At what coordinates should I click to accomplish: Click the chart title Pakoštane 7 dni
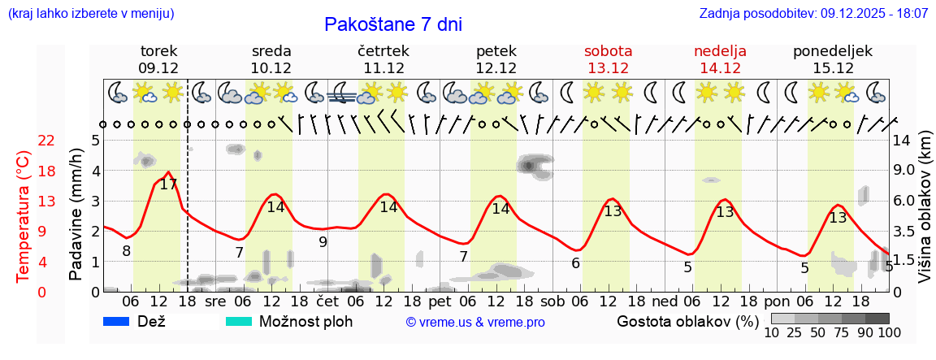[x=392, y=24]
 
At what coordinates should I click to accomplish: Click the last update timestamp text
[x=813, y=14]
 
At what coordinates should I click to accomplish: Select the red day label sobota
[x=608, y=51]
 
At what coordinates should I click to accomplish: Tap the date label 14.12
[x=720, y=68]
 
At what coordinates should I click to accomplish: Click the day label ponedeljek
[x=833, y=51]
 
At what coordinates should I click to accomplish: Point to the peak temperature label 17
[x=168, y=184]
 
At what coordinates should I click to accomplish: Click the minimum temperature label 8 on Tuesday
[x=126, y=251]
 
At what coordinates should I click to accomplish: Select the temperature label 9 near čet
[x=323, y=241]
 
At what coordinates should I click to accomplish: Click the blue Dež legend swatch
[x=117, y=322]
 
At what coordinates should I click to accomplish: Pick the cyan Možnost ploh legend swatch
[x=239, y=322]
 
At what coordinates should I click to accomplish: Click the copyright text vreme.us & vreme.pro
[x=475, y=323]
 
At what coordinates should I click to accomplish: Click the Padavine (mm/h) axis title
[x=77, y=214]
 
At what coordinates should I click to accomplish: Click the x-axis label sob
[x=552, y=301]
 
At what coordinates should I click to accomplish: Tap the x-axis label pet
[x=440, y=301]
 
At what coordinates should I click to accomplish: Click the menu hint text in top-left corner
[x=91, y=14]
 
